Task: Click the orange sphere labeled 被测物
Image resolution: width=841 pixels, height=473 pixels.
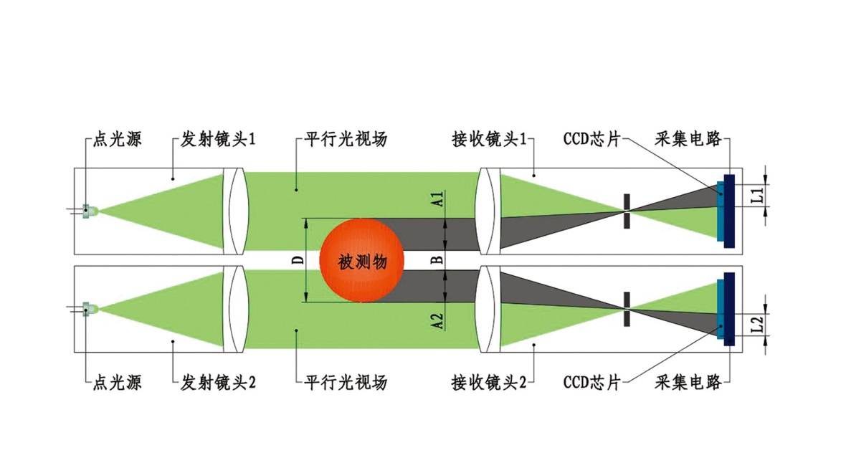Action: (x=361, y=261)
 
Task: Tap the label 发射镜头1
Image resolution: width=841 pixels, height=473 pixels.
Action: (x=217, y=139)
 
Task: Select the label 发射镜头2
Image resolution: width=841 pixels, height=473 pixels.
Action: (x=217, y=382)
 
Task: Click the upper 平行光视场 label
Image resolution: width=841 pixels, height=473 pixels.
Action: (x=346, y=139)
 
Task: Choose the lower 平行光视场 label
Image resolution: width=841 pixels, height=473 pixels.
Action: (x=346, y=382)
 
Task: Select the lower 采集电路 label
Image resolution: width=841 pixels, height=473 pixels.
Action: (x=688, y=382)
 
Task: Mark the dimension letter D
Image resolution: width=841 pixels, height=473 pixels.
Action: (x=298, y=259)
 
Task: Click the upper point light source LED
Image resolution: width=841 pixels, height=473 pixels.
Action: (x=89, y=211)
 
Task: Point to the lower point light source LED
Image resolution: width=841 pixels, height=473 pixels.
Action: (x=89, y=309)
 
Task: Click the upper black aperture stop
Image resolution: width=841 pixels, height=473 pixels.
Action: (x=627, y=211)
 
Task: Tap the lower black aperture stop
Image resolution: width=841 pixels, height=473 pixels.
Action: (x=627, y=309)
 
